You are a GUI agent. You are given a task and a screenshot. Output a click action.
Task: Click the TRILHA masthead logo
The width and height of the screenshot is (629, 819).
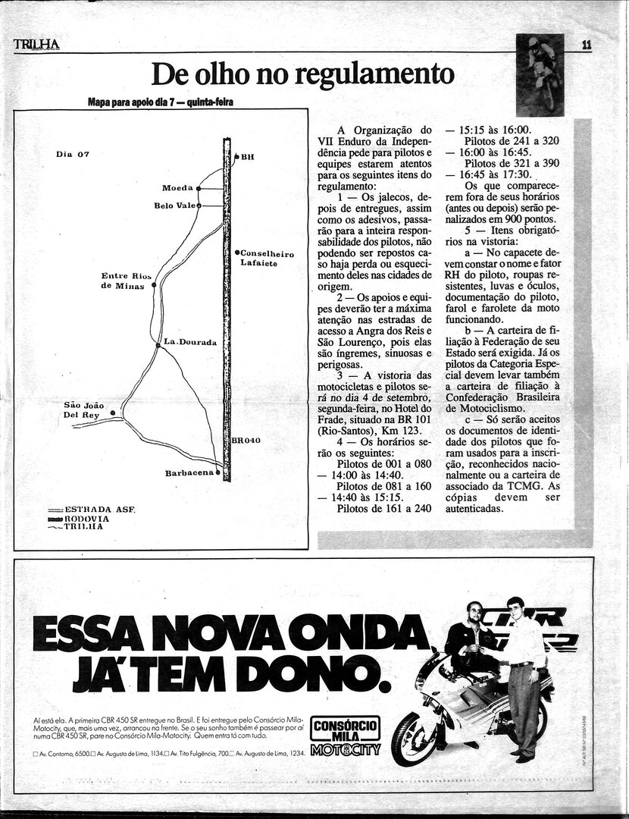36,45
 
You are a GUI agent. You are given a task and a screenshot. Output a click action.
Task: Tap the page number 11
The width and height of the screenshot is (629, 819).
587,45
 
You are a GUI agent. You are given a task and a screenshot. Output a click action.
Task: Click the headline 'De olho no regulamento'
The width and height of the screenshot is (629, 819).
303,74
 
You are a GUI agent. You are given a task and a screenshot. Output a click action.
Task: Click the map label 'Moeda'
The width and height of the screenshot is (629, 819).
177,187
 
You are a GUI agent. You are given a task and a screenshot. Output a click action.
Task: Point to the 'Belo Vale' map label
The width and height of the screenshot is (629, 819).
174,206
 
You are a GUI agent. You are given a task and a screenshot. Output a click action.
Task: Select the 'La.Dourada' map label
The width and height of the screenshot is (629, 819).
190,342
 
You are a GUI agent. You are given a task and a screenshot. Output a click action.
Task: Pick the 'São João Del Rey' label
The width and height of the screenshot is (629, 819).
83,410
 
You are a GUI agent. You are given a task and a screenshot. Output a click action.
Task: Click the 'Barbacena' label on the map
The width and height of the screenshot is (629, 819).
189,473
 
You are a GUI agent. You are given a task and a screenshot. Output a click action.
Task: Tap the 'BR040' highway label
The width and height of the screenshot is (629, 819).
246,440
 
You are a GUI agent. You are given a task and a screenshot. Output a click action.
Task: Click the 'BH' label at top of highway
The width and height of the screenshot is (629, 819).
247,157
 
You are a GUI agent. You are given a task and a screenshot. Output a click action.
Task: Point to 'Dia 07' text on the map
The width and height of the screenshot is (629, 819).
73,154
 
